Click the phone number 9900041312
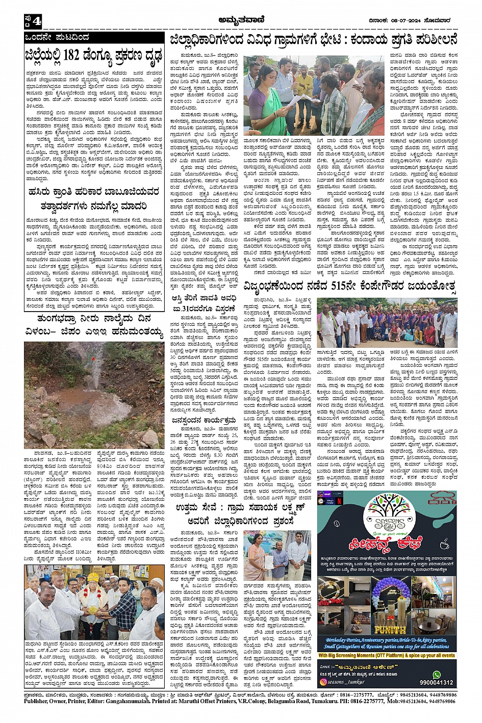pyautogui.click(x=436, y=682)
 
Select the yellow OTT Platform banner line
pyautogui.click(x=386, y=655)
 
